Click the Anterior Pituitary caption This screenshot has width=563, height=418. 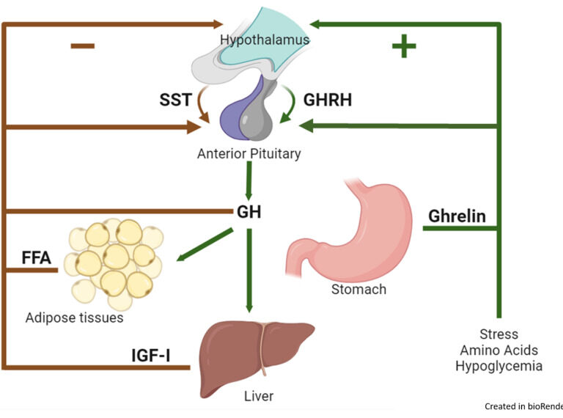click(x=249, y=154)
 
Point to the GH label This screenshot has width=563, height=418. click(x=249, y=213)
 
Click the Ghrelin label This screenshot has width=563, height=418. click(x=457, y=216)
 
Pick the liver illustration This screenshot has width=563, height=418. click(x=250, y=353)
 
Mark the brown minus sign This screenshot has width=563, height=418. click(x=82, y=45)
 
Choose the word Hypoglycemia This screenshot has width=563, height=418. click(x=498, y=366)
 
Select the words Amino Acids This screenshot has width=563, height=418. click(x=498, y=350)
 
